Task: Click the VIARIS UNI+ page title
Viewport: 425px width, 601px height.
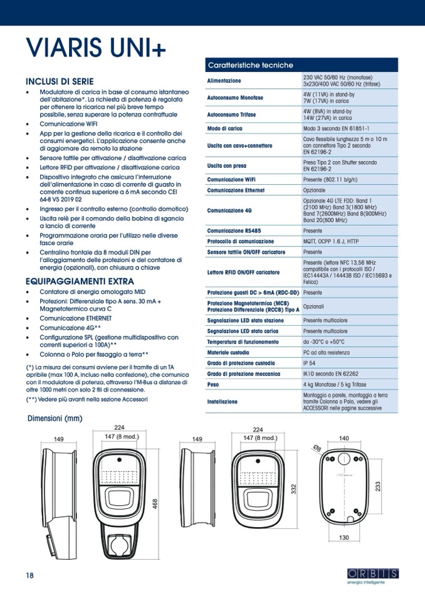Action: (x=96, y=50)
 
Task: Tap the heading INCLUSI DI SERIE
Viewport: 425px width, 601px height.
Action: (x=60, y=82)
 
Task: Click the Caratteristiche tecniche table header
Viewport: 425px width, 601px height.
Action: (x=250, y=65)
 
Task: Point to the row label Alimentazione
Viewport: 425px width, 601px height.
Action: (x=224, y=81)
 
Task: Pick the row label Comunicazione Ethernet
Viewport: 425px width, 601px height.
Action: (x=236, y=190)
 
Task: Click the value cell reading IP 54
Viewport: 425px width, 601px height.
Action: (x=310, y=362)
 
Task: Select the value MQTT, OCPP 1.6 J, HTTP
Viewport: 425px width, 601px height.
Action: (x=331, y=241)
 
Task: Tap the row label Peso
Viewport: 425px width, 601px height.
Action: (x=213, y=384)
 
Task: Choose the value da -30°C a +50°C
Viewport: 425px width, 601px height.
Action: (x=323, y=342)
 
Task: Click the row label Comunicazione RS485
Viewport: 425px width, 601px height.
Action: (x=233, y=230)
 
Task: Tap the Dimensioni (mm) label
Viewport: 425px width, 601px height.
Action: (x=55, y=418)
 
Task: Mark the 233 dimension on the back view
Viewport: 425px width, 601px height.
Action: (x=378, y=486)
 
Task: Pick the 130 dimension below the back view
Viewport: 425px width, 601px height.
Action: (x=344, y=537)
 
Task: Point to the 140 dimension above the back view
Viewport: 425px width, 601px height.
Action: (x=344, y=439)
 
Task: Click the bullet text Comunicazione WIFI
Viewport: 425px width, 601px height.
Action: (x=69, y=124)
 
